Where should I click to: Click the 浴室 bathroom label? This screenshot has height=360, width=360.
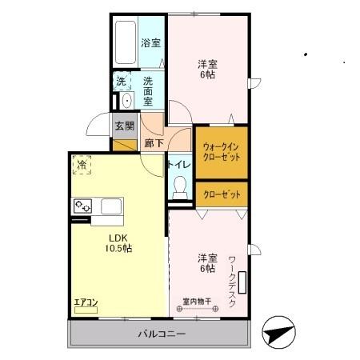pyautogui.click(x=150, y=43)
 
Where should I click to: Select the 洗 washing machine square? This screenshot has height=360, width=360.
pyautogui.click(x=121, y=81)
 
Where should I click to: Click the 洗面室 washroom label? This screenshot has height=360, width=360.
pyautogui.click(x=150, y=86)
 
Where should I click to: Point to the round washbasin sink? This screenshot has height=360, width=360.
pyautogui.click(x=126, y=102)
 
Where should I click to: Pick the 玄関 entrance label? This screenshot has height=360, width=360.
pyautogui.click(x=124, y=126)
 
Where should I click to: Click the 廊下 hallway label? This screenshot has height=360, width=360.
pyautogui.click(x=154, y=143)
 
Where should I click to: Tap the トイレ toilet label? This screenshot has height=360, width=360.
pyautogui.click(x=178, y=165)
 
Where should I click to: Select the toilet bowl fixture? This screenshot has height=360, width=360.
pyautogui.click(x=181, y=188)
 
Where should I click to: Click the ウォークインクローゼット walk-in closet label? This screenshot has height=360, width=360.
pyautogui.click(x=221, y=151)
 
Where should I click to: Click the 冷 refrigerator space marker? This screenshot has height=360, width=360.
pyautogui.click(x=83, y=165)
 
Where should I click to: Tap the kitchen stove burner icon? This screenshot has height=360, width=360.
pyautogui.click(x=82, y=207)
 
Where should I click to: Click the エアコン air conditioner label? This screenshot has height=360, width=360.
pyautogui.click(x=86, y=302)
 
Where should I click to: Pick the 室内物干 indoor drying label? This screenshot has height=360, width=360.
pyautogui.click(x=197, y=302)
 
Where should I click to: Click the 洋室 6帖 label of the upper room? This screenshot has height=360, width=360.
pyautogui.click(x=207, y=69)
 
